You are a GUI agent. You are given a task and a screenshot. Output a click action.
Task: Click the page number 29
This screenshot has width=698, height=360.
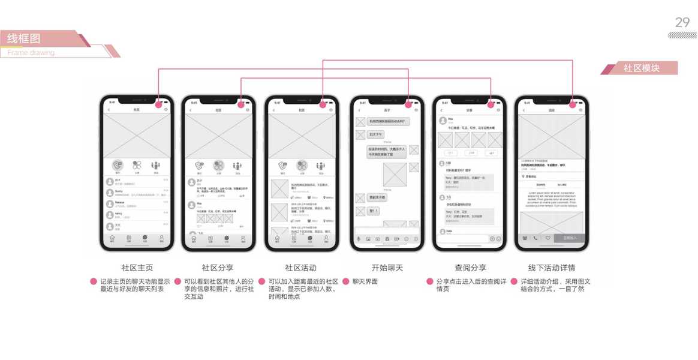[682, 23]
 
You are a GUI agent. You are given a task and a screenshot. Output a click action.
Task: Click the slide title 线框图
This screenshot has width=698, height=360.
[24, 39]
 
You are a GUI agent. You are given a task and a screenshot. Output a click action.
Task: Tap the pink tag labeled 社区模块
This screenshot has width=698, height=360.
[641, 68]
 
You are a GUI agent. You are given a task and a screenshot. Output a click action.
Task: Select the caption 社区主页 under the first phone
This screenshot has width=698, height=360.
[137, 268]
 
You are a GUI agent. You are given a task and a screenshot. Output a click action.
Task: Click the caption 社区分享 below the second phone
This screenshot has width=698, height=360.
[218, 268]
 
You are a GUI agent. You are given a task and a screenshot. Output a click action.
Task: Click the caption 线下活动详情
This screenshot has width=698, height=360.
[551, 268]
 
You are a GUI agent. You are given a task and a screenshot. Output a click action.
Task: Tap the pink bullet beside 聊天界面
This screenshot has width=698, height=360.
[346, 281]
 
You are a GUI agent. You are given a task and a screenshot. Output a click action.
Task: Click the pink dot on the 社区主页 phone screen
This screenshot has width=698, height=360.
[159, 104]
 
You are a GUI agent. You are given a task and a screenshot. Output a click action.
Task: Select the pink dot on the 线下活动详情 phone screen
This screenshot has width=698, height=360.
[573, 104]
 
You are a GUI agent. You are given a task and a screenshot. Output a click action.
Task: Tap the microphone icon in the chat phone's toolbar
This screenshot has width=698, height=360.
[359, 239]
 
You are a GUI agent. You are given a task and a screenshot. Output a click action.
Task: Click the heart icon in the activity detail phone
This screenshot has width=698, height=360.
[547, 238]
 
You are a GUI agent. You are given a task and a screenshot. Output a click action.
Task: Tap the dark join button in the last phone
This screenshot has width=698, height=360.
[570, 238]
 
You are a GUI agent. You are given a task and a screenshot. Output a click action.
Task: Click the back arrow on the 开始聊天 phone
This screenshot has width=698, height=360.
[359, 110]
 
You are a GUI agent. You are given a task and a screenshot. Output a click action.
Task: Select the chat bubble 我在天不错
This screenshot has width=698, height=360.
[377, 197]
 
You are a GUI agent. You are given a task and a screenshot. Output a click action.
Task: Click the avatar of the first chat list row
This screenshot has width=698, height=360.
[110, 181]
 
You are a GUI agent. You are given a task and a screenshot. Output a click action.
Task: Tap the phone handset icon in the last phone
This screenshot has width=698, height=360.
[535, 238]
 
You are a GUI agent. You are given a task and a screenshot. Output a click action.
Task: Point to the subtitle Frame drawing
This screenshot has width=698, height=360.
[31, 53]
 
